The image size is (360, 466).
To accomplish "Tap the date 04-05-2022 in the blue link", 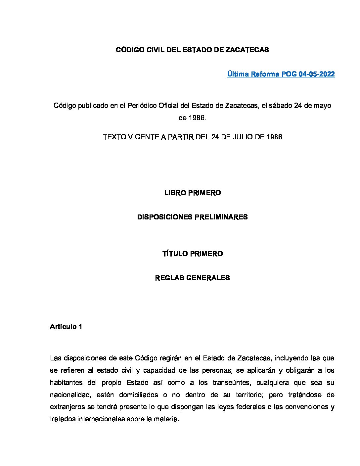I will (317, 74).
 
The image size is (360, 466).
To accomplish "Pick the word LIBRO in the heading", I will (175, 193).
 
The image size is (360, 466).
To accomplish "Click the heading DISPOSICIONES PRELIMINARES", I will (192, 217).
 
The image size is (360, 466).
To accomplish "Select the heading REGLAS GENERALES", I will (192, 278).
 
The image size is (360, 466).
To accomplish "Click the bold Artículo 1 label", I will (66, 327).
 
